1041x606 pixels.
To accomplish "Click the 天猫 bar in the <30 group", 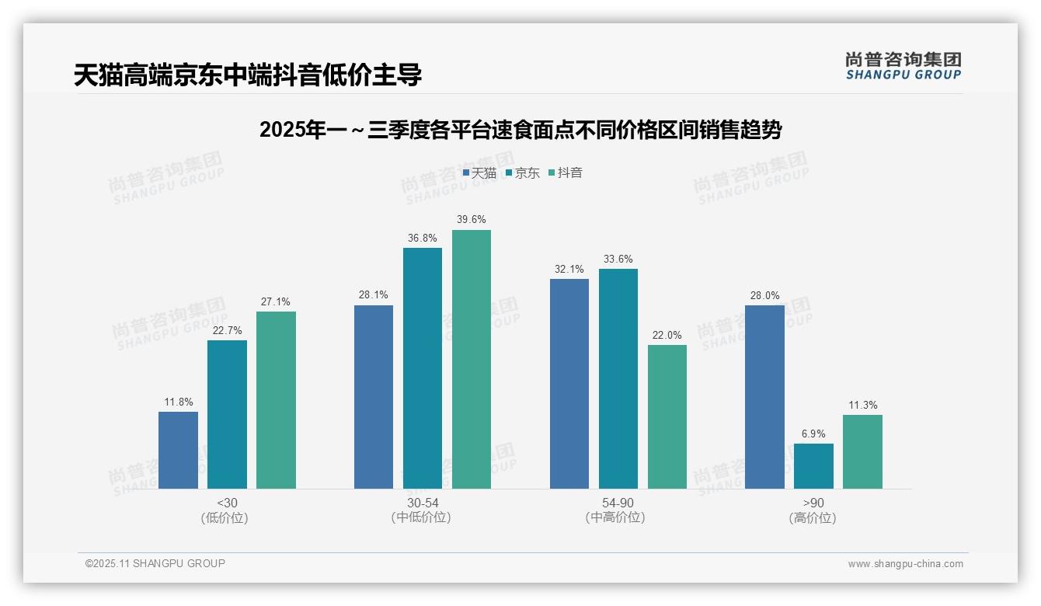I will coord(178,450).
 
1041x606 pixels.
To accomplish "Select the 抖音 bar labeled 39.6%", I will coord(472,359).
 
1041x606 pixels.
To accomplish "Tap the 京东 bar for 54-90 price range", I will coord(618,378).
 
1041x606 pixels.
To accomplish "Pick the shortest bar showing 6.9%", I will coord(813,466).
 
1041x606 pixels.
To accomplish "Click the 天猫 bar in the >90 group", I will coord(764,397).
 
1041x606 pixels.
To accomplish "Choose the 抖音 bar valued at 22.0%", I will coord(667,416).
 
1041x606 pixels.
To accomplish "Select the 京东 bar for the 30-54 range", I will coord(422,368).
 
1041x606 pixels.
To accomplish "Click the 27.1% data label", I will coord(276,302).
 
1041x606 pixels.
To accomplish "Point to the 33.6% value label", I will coord(618,259).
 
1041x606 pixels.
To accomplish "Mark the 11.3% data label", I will coord(862,406).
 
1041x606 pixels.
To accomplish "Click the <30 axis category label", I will coord(227,503).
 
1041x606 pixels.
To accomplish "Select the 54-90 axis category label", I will coord(618,503).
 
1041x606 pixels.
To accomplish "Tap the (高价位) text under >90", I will coord(813,518).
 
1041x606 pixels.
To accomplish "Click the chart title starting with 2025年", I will coord(520,130).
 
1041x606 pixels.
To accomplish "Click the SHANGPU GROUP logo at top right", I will coord(903,66).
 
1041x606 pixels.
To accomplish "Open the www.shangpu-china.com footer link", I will coord(905,564).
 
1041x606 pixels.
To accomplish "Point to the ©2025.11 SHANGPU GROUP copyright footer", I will coord(155,563).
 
